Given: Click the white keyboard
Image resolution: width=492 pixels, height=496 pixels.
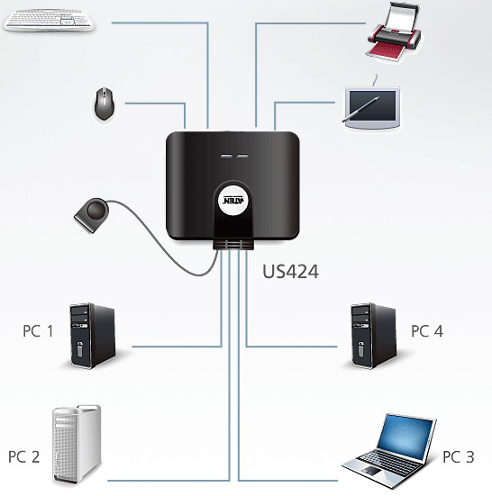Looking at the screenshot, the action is [49, 20].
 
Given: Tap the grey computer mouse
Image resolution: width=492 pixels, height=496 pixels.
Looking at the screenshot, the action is [105, 104].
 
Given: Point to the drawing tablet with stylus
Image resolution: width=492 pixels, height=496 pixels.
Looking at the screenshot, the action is [372, 107].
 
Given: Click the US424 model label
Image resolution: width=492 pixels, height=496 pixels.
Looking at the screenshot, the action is [290, 272].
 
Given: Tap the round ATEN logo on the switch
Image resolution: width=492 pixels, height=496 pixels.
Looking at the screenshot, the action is [232, 201].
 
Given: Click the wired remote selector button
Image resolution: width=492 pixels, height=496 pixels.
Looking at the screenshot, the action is [92, 214].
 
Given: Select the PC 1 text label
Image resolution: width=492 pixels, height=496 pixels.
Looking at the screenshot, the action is [38, 331].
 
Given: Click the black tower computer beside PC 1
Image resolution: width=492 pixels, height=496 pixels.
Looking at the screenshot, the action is [93, 336].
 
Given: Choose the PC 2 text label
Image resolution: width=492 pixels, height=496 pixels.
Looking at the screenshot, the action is [24, 456].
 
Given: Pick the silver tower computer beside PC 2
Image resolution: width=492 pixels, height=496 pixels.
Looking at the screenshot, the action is [77, 445].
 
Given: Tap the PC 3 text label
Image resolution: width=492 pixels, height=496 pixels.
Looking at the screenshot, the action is [458, 456].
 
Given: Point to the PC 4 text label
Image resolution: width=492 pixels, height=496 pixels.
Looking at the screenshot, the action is [427, 331].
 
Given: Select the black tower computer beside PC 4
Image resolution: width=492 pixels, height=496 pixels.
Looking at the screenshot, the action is [374, 336].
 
